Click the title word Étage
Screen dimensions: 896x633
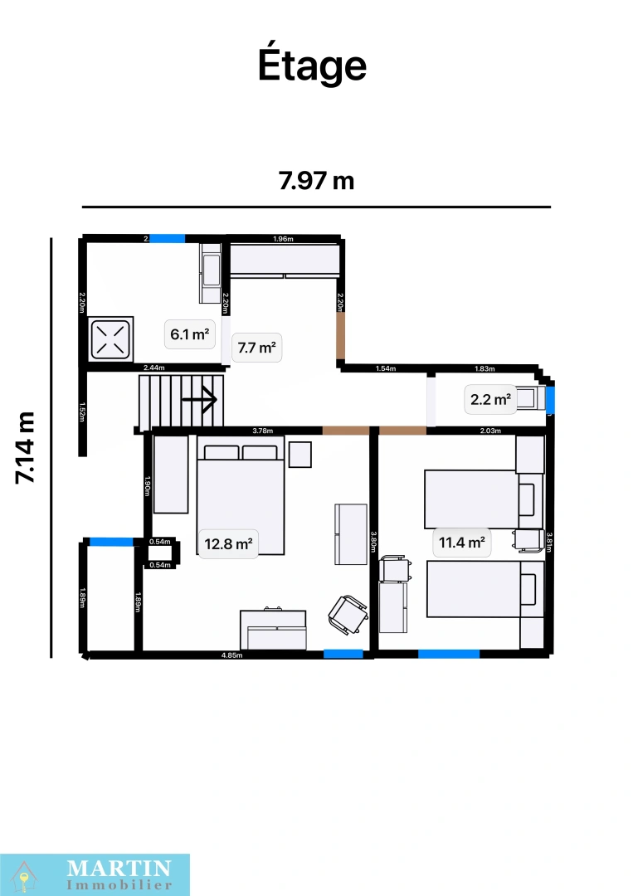click(x=312, y=66)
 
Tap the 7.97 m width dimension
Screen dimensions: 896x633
click(x=316, y=180)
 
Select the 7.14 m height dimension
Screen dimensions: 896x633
click(x=25, y=447)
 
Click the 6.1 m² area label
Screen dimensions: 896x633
click(x=188, y=335)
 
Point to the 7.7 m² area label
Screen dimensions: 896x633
click(x=256, y=348)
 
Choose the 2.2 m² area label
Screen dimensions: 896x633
click(x=489, y=399)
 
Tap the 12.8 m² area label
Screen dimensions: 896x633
click(x=228, y=544)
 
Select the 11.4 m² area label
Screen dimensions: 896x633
click(x=461, y=543)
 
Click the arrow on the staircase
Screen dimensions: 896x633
click(x=199, y=399)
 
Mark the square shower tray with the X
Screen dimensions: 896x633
click(x=110, y=338)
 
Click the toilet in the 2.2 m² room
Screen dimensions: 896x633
click(x=528, y=398)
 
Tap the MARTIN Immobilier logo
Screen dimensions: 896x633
click(x=95, y=874)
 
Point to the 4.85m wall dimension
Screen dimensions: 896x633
click(x=231, y=655)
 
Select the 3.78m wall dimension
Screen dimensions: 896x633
click(x=262, y=431)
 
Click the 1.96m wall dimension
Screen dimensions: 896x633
click(x=283, y=240)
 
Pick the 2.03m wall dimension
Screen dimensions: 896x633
click(x=491, y=431)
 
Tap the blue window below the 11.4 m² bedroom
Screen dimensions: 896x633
click(x=448, y=654)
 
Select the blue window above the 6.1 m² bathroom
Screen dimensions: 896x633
click(x=167, y=238)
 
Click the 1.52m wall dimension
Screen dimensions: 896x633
click(x=82, y=412)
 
